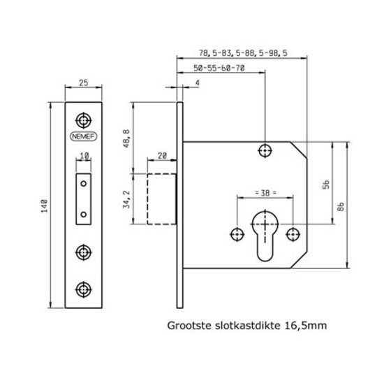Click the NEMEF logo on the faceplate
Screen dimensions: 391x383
(x=83, y=136)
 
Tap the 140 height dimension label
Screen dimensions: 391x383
(x=45, y=205)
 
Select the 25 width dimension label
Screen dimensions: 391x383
(x=84, y=82)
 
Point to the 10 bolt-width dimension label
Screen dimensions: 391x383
(x=84, y=156)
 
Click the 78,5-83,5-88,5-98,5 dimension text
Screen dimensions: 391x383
(x=243, y=53)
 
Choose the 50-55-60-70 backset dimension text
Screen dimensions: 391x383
(x=219, y=68)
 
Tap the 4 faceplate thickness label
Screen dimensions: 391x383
(x=197, y=83)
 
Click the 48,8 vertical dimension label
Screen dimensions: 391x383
(x=126, y=138)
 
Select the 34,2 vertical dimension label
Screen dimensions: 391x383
(x=126, y=199)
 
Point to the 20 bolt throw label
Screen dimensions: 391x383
(x=162, y=156)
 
